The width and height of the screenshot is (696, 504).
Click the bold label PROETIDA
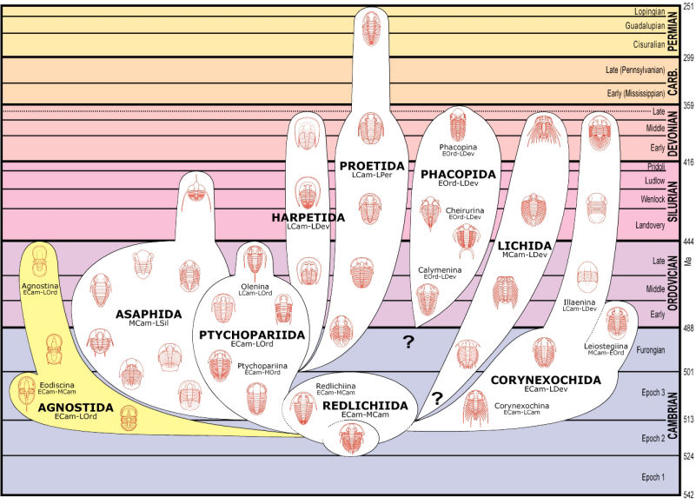(372, 166)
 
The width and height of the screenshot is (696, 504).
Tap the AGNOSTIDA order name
(76, 408)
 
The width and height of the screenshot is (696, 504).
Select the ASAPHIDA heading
(149, 315)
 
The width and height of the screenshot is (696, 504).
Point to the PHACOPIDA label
(458, 175)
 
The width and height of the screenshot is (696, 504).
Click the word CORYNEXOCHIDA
(546, 380)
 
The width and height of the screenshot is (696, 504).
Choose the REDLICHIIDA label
(365, 406)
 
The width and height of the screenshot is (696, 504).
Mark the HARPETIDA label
(308, 217)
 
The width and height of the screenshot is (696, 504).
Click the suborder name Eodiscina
(56, 385)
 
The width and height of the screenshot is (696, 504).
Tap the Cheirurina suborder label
(465, 210)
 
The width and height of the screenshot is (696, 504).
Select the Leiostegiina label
(606, 346)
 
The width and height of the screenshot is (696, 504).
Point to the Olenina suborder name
(255, 287)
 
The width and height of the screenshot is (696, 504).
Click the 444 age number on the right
(688, 242)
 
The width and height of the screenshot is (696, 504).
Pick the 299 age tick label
(688, 57)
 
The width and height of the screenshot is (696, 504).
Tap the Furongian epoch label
(651, 350)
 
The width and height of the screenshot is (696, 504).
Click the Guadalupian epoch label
(645, 26)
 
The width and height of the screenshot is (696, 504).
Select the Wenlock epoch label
(653, 199)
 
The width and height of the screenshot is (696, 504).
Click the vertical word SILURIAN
(673, 202)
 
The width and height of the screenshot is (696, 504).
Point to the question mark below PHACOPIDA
(408, 342)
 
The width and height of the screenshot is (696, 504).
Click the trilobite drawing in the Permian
(371, 29)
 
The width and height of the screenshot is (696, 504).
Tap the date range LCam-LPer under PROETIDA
(372, 175)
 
